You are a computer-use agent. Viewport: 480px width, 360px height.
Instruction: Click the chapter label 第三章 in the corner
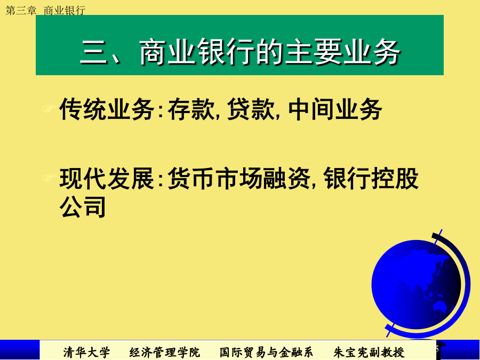click(21, 11)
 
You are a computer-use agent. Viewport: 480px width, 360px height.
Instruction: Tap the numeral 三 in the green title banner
click(94, 53)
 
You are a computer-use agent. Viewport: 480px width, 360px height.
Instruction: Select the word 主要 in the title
click(314, 52)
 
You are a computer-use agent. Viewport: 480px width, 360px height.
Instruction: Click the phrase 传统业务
click(107, 109)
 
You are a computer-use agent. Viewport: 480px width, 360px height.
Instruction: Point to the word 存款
click(191, 109)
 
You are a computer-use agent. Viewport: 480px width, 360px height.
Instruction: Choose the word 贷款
click(251, 109)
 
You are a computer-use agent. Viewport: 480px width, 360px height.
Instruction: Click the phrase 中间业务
click(335, 109)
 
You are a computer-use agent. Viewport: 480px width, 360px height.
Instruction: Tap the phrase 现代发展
click(107, 179)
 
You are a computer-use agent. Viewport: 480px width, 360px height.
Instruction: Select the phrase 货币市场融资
click(239, 179)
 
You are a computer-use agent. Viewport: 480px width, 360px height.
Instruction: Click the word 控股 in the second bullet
click(395, 179)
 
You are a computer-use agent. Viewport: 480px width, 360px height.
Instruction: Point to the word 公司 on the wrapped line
click(83, 206)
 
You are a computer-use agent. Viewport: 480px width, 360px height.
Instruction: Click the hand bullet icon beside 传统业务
click(49, 108)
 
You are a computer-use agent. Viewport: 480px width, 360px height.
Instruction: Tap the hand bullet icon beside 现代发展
click(49, 177)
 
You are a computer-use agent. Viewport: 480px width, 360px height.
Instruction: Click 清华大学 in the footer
click(86, 352)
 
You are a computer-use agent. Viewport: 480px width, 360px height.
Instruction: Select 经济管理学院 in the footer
click(164, 352)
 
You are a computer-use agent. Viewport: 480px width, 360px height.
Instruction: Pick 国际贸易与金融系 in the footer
click(266, 352)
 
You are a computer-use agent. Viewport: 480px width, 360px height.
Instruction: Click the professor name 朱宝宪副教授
click(369, 352)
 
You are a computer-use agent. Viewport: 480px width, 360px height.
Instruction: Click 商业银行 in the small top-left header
click(65, 11)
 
